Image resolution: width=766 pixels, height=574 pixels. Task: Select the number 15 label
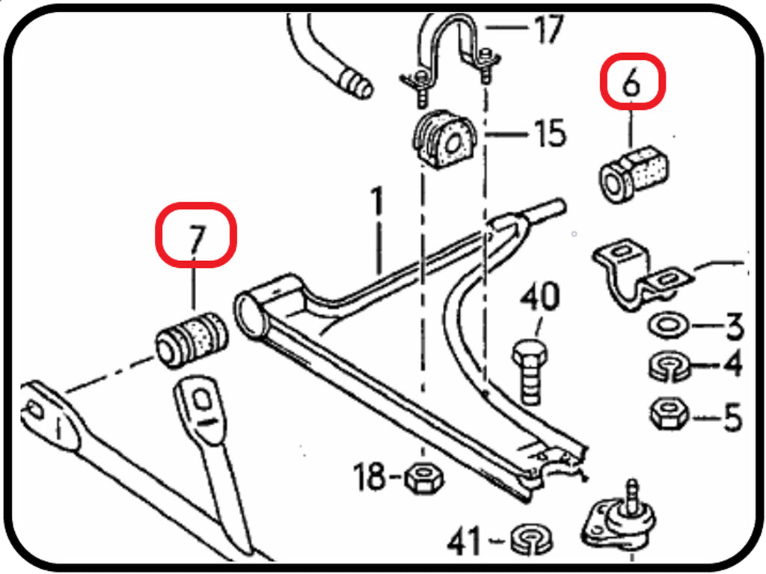coord(550,134)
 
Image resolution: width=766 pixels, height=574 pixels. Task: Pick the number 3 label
coord(734,327)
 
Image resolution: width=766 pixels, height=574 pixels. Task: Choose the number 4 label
coord(733,366)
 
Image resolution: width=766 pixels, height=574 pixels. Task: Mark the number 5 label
coord(732,417)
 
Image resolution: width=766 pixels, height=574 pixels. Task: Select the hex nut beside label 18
coord(424,477)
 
